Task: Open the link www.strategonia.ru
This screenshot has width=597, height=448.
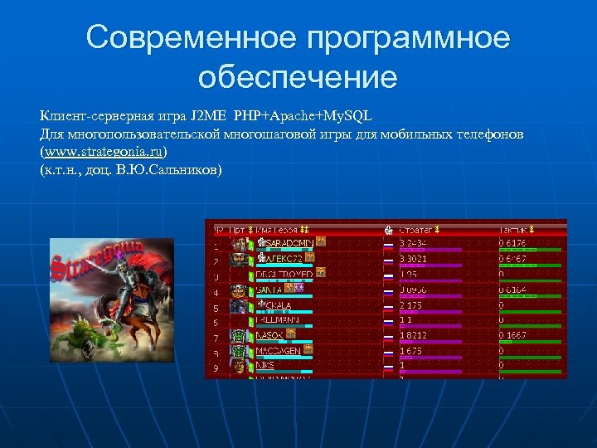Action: point(104,152)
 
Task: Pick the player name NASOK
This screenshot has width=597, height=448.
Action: point(270,335)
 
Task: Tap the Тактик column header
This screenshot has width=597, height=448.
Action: point(515,228)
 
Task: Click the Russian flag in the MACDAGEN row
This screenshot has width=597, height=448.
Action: point(387,352)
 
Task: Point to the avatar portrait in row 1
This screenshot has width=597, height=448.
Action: point(240,244)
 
